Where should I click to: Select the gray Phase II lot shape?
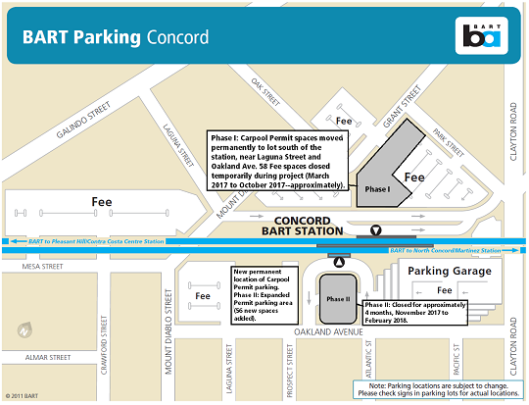click(x=337, y=297)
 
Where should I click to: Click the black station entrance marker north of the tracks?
click(x=375, y=231)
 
